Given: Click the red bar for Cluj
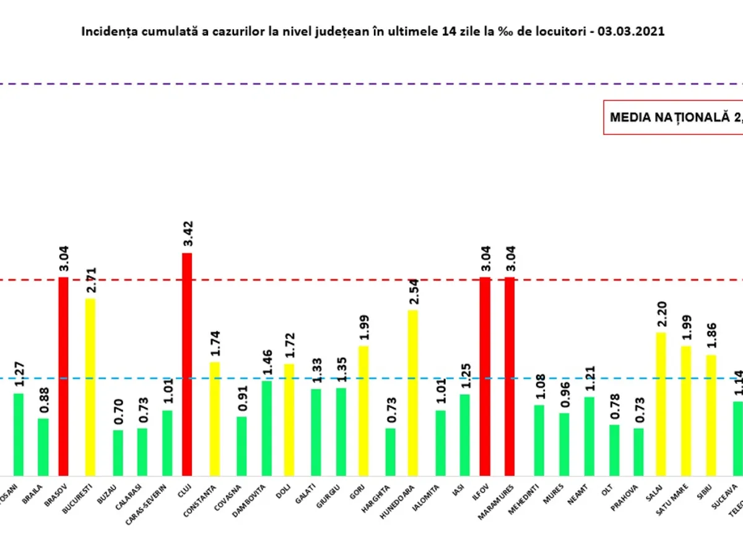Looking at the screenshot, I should [x=186, y=364].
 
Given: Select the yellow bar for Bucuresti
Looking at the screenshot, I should [x=90, y=387].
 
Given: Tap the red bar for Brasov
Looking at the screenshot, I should [x=63, y=376].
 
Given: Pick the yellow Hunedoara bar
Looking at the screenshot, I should [x=412, y=392].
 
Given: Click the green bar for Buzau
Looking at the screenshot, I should [x=118, y=452].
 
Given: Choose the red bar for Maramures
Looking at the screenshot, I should [x=510, y=376].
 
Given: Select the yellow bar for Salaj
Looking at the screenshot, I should [x=661, y=404].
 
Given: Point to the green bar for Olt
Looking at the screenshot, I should [x=614, y=450].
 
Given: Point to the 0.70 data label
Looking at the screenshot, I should [x=119, y=412].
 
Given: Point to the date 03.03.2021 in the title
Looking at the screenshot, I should [x=632, y=32].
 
